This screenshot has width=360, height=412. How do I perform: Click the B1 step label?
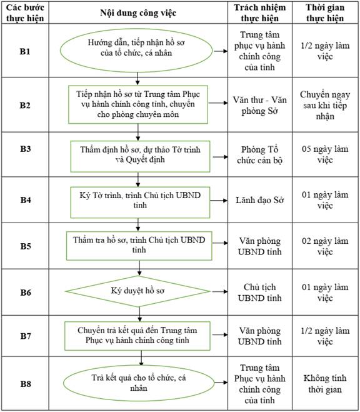[25, 51]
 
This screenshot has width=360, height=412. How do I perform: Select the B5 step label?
[26, 246]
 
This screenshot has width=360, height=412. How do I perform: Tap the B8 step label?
[26, 384]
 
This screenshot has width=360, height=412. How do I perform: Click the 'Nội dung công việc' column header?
[138, 13]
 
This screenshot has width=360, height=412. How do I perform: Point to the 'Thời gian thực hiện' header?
[325, 13]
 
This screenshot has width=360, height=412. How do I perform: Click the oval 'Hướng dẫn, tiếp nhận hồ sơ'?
[136, 51]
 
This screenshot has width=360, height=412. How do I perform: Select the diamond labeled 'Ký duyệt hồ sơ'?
[137, 291]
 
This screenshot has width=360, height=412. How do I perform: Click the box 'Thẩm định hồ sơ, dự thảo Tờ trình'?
[140, 156]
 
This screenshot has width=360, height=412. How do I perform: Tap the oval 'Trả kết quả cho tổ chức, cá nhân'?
[139, 383]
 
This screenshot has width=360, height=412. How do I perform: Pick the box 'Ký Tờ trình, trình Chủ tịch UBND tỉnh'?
[140, 203]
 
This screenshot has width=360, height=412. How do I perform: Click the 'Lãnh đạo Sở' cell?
[260, 200]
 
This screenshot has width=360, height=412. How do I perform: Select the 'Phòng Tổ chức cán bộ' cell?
[260, 155]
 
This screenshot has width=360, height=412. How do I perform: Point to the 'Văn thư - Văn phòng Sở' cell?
[260, 106]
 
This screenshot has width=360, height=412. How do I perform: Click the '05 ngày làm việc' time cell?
[325, 154]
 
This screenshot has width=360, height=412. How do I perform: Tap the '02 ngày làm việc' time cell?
[325, 246]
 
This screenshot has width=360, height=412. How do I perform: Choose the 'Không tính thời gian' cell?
[325, 384]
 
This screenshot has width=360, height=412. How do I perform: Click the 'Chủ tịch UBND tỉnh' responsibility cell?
[260, 293]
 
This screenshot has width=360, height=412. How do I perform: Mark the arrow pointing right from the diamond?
[220, 291]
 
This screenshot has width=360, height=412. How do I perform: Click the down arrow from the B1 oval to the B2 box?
[137, 79]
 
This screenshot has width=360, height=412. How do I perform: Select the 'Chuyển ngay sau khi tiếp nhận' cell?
[325, 106]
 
